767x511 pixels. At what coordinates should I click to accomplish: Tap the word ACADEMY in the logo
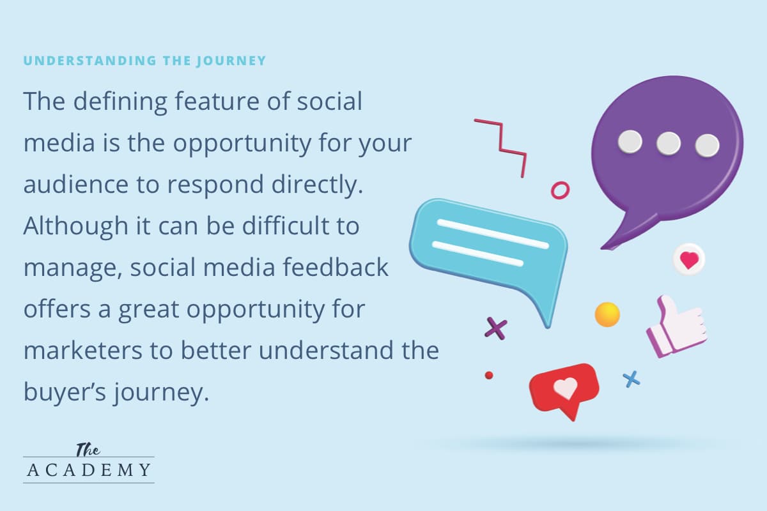(89, 470)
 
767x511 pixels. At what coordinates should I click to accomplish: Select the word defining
(120, 102)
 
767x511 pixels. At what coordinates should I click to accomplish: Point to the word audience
(76, 185)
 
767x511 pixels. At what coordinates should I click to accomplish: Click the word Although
(75, 227)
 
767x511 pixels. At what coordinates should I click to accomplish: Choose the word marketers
(83, 350)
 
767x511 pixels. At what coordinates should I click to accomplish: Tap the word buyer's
(65, 393)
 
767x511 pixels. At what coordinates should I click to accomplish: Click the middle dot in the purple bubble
(669, 144)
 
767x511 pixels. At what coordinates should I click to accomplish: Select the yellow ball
(607, 314)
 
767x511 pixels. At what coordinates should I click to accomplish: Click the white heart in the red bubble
(566, 388)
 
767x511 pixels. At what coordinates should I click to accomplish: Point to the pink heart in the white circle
(689, 260)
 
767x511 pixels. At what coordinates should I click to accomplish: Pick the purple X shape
(496, 328)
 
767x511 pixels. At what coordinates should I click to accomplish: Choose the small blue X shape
(631, 379)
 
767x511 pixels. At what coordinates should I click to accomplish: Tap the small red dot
(489, 376)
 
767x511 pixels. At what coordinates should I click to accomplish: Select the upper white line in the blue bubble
(493, 234)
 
